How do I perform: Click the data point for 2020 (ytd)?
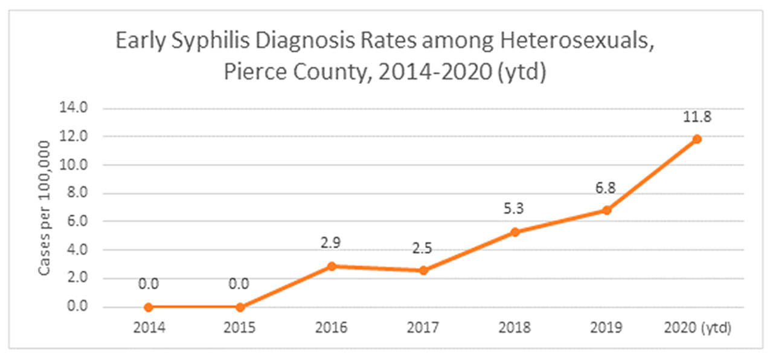click(697, 139)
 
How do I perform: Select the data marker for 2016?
click(332, 266)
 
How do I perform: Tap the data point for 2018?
click(515, 232)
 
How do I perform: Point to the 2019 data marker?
click(606, 210)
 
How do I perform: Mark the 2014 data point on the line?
click(149, 307)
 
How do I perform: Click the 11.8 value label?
click(697, 117)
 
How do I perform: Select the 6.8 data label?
click(606, 188)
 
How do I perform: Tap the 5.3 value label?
click(515, 210)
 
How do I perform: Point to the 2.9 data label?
click(332, 243)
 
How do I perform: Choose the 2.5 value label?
click(423, 248)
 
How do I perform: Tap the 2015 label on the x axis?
click(240, 328)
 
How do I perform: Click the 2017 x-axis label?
click(423, 328)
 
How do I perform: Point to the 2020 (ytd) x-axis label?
click(697, 328)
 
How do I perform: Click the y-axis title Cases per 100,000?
click(45, 207)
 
